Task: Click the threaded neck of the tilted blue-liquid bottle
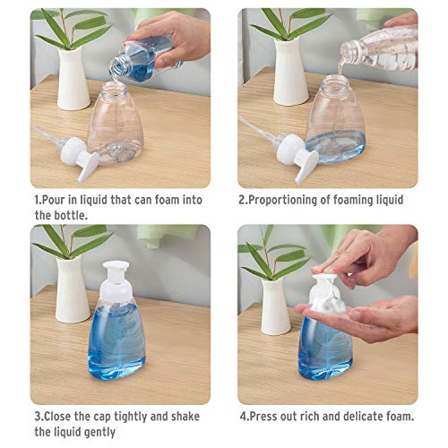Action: (x=116, y=67)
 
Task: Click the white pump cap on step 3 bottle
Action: (x=116, y=283)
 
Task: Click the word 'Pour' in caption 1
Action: (x=54, y=200)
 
